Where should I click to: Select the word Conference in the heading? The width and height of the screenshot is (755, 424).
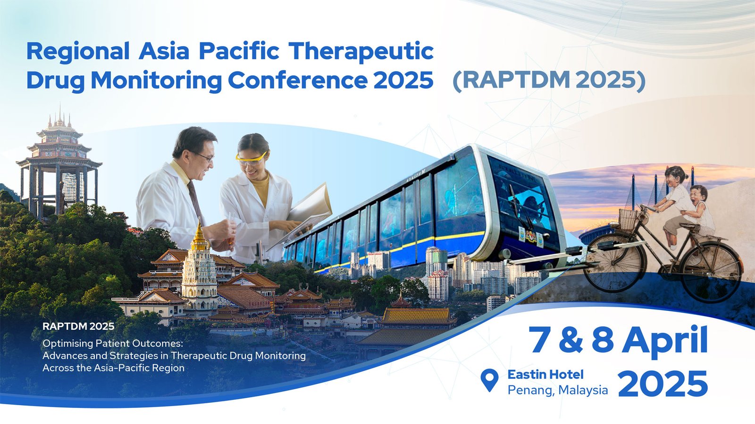(x=298, y=81)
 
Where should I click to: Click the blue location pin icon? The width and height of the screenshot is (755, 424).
(x=489, y=380)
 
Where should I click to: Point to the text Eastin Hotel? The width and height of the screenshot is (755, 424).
(x=545, y=374)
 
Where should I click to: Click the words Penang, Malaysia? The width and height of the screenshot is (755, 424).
(x=558, y=390)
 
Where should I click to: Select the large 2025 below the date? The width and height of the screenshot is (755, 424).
(x=663, y=383)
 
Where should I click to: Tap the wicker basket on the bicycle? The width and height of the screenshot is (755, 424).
(x=628, y=219)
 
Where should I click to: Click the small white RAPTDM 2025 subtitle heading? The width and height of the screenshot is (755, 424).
(x=78, y=326)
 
